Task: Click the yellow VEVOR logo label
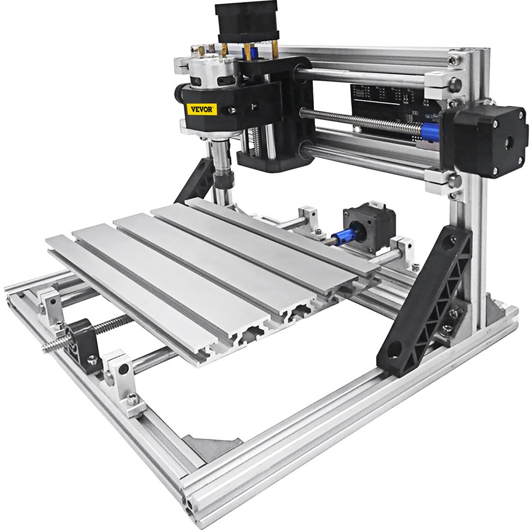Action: [x=202, y=109]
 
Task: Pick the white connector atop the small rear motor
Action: [x=373, y=204]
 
